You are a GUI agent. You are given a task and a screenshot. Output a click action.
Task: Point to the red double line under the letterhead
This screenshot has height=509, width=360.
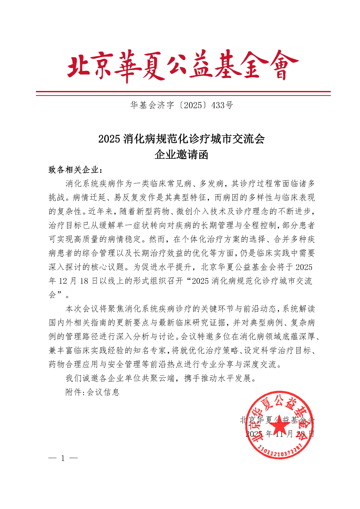pos(183,93)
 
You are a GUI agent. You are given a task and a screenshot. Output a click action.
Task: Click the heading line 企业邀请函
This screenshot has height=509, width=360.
pos(181,155)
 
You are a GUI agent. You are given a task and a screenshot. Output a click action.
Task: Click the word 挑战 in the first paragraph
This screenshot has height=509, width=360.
pos(57,198)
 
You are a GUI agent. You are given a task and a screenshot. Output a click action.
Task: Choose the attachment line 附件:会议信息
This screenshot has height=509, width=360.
pos(92,392)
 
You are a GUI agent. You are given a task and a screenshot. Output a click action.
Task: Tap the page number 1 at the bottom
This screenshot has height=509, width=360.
pos(63,458)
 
